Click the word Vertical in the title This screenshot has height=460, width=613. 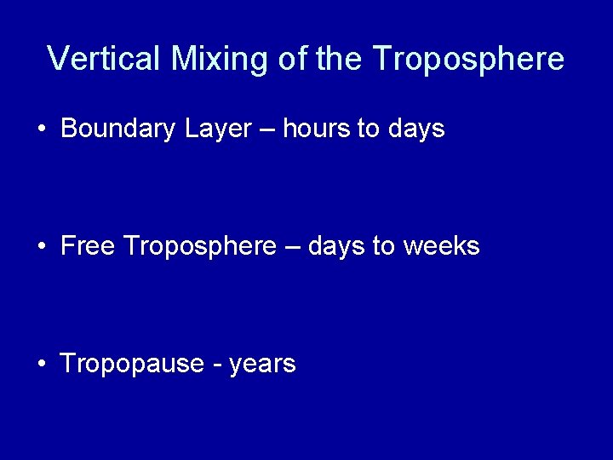click(105, 59)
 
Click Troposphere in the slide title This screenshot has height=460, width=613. click(468, 59)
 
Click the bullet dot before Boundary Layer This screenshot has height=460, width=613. click(42, 129)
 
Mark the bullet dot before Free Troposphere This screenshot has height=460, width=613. click(42, 247)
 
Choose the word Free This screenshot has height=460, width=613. click(89, 246)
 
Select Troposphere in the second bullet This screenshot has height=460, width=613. click(200, 246)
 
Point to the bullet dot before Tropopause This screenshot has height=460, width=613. click(42, 365)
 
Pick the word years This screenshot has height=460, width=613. click(262, 365)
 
